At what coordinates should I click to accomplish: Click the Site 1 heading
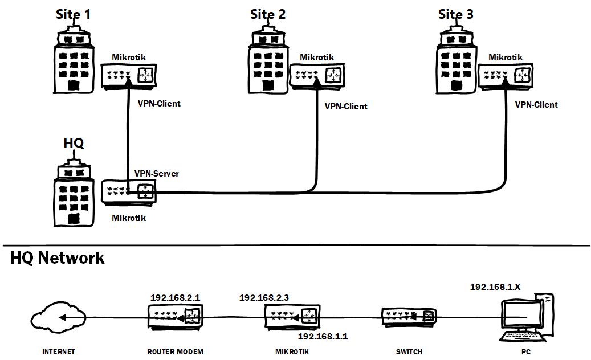coord(74,14)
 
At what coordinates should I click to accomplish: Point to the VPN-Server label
coord(156,173)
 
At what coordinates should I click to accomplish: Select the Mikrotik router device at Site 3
coord(506,75)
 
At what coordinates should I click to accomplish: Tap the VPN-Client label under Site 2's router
coord(346,107)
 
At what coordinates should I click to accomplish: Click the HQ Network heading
coord(58,258)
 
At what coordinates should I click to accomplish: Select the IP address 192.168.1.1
coord(323,337)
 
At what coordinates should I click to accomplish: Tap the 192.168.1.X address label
coord(495,287)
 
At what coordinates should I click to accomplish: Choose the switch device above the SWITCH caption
coord(409,317)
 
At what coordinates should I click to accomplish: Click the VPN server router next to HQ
coord(128,193)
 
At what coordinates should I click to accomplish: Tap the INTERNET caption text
coord(58,352)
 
